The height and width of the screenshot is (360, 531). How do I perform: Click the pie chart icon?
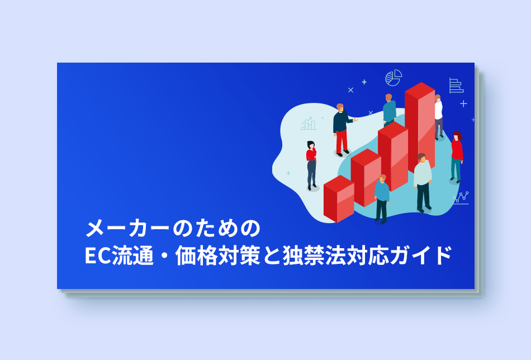click(393, 78)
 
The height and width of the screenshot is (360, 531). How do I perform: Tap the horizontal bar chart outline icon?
click(456, 86)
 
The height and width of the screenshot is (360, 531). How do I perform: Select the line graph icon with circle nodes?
click(461, 197)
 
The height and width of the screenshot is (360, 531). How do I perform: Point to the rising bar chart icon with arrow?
click(309, 124)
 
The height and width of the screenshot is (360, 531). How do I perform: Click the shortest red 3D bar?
click(339, 199)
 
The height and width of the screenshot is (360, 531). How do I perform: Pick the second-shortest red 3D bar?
click(366, 177)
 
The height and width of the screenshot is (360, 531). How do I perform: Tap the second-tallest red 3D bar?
click(393, 157)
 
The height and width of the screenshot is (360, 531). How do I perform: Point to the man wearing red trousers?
click(343, 130)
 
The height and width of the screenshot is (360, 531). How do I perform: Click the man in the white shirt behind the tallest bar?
click(439, 117)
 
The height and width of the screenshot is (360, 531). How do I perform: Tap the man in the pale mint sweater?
click(423, 183)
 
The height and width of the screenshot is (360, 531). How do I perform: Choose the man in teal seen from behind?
click(390, 110)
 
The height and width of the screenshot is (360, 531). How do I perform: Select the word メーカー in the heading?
click(127, 229)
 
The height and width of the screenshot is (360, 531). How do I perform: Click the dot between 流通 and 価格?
click(165, 255)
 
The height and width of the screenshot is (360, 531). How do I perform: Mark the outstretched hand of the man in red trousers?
click(355, 120)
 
